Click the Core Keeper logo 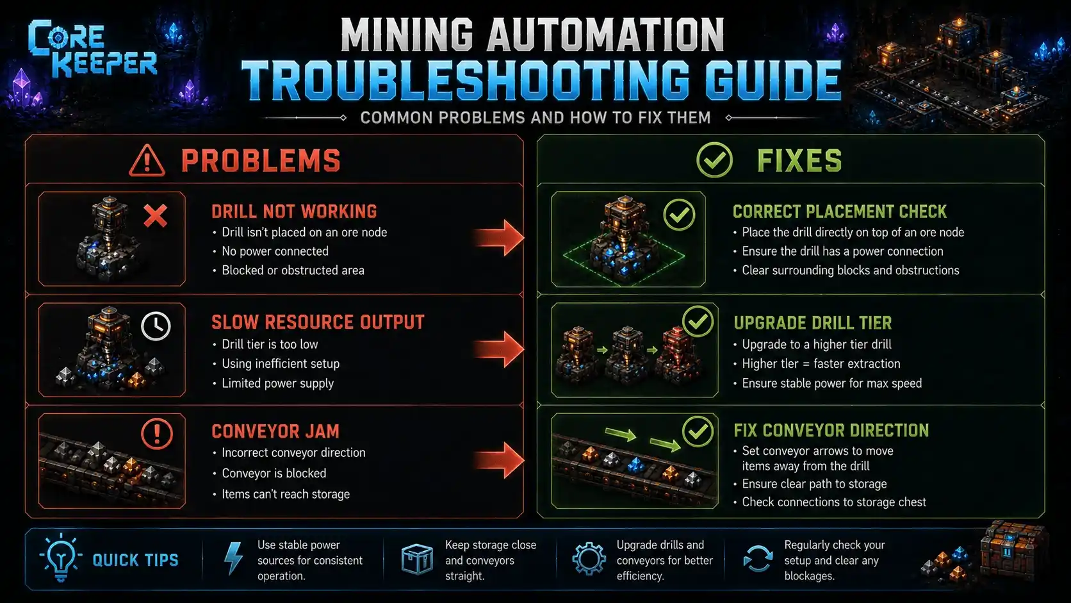[x=92, y=48]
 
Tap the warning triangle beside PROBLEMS [x=147, y=161]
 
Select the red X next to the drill [x=156, y=215]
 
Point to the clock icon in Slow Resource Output [x=156, y=326]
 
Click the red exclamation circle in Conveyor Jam [x=157, y=434]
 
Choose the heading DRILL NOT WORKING [x=294, y=211]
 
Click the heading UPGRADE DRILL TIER [x=813, y=323]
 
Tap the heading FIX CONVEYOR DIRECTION [x=831, y=431]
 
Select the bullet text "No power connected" [x=275, y=251]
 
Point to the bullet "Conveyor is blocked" [x=274, y=473]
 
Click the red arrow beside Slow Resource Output [x=499, y=349]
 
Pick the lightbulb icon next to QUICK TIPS [x=61, y=558]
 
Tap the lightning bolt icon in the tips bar [x=234, y=558]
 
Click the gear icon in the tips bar [x=589, y=558]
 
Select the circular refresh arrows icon [x=758, y=559]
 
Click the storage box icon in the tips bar [x=417, y=559]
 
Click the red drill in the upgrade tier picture [x=677, y=355]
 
